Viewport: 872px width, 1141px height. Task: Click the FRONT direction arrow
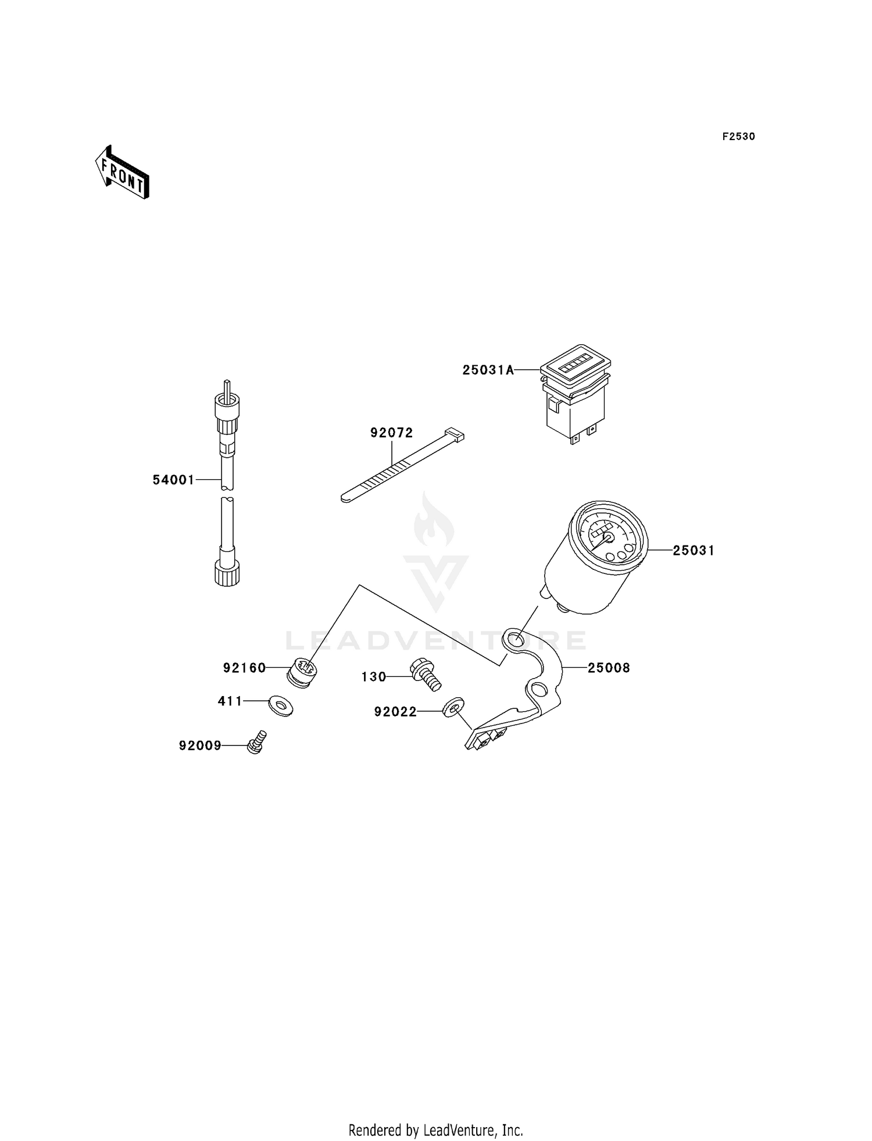click(122, 172)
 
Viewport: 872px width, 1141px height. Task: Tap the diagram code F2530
click(739, 137)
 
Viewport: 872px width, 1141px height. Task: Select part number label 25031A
click(488, 370)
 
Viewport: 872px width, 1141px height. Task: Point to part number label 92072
click(392, 433)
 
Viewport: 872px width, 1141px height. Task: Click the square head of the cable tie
click(455, 434)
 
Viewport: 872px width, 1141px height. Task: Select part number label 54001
click(173, 480)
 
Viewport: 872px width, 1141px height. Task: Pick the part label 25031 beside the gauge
click(694, 550)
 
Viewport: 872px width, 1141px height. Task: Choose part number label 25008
click(609, 668)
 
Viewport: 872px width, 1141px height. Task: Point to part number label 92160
click(244, 668)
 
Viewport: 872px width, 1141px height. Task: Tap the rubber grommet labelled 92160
click(303, 672)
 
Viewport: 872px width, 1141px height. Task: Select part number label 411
click(230, 701)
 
